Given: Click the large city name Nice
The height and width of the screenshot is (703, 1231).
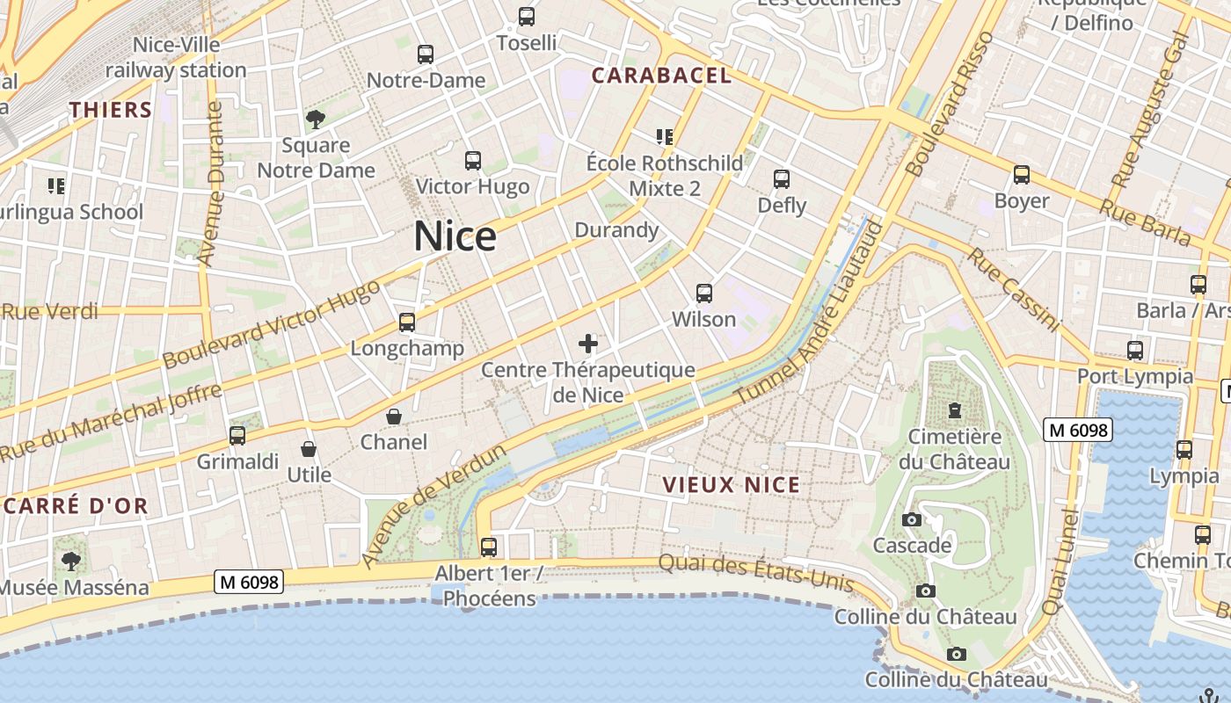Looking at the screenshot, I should click(x=455, y=236).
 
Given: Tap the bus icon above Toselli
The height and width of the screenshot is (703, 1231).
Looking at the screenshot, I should click(x=527, y=16).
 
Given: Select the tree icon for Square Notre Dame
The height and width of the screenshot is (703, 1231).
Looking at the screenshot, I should click(x=315, y=119).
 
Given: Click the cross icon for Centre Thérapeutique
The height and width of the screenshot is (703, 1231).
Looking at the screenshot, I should click(x=588, y=344).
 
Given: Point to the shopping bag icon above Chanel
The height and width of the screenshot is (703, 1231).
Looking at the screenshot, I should click(x=394, y=417).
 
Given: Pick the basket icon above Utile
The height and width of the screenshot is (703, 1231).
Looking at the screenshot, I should click(x=309, y=449).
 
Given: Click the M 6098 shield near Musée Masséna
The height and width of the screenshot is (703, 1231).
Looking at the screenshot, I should click(x=250, y=582).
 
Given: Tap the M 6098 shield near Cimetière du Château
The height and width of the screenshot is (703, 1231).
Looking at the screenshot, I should click(x=1078, y=430).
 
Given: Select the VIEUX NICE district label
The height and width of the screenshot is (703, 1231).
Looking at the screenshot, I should click(x=732, y=485).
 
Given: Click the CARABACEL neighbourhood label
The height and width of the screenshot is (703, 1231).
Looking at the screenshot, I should click(x=661, y=76).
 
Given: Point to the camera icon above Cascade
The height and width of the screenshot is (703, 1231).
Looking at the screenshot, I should click(x=912, y=519).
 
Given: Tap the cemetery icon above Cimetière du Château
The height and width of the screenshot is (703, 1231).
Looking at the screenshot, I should click(x=954, y=410).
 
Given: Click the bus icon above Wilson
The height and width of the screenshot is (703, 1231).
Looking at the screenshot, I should click(x=703, y=294).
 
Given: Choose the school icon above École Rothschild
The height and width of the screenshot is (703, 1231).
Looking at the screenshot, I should click(x=665, y=136).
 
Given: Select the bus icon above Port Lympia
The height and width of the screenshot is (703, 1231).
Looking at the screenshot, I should click(x=1135, y=351).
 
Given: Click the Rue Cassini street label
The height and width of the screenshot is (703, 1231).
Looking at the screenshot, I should click(x=1014, y=289).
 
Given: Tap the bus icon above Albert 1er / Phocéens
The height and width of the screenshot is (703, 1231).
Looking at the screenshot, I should click(x=489, y=547).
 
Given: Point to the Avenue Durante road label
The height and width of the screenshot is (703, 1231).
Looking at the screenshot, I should click(x=211, y=184).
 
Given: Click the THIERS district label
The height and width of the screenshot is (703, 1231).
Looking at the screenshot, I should click(x=111, y=110).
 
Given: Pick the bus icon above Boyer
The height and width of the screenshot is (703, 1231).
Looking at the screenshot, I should click(x=1021, y=175).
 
